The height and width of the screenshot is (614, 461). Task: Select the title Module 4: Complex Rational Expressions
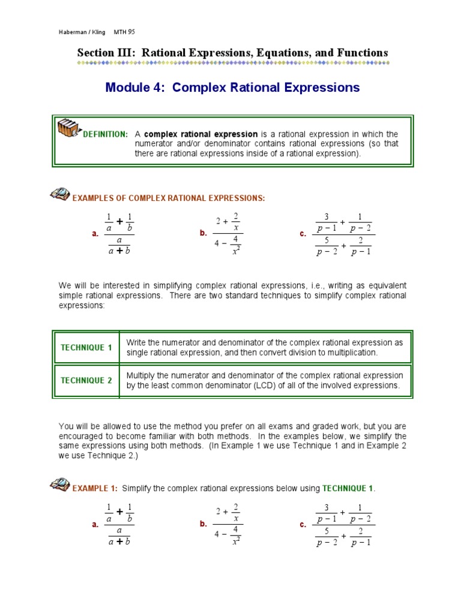[x=232, y=88]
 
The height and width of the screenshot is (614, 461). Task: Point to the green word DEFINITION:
[x=105, y=134]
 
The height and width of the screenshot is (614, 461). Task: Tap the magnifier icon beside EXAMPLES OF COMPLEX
[x=59, y=194]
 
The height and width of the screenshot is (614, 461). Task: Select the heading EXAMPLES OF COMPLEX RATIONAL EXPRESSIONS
[x=168, y=198]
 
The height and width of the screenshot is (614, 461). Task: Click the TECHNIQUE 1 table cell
[x=86, y=348]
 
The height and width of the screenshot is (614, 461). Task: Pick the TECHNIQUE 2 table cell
[x=86, y=380]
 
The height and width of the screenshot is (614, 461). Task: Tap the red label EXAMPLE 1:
[x=95, y=489]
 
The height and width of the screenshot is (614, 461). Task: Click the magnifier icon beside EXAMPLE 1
[x=59, y=484]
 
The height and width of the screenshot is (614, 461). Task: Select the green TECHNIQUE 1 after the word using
[x=348, y=489]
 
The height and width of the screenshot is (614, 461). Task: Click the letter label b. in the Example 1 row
[x=203, y=524]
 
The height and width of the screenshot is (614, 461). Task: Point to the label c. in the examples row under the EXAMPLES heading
[x=303, y=234]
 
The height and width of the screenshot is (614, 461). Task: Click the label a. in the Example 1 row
[x=95, y=525]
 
